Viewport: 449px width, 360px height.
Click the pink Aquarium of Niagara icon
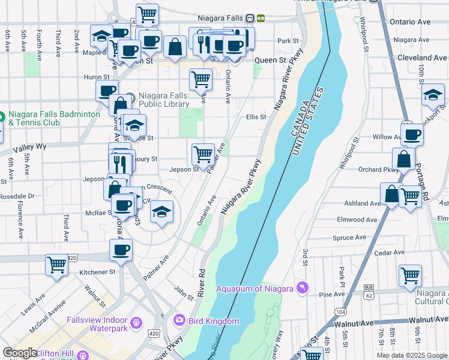pyautogui.click(x=302, y=289)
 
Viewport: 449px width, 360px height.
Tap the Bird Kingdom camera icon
pyautogui.click(x=178, y=321)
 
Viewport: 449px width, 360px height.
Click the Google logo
pyautogui.click(x=20, y=353)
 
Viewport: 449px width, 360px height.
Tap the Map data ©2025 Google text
pyautogui.click(x=412, y=355)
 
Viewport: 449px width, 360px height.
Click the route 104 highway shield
pyautogui.click(x=341, y=312)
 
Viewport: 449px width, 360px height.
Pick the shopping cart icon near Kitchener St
pyautogui.click(x=56, y=263)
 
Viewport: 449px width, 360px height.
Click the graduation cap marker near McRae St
pyautogui.click(x=161, y=212)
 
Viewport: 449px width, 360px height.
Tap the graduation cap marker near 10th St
pyautogui.click(x=432, y=94)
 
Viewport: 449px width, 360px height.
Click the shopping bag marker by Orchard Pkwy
pyautogui.click(x=403, y=159)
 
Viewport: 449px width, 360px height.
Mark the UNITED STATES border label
pyautogui.click(x=309, y=122)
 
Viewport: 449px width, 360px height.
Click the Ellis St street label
pyautogui.click(x=256, y=117)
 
